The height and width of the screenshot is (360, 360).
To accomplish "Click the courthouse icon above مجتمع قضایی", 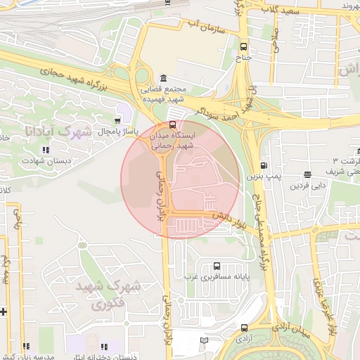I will [163, 77].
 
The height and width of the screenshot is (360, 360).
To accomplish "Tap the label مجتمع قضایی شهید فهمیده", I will [163, 95].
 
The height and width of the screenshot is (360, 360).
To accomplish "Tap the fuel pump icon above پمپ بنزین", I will [264, 166].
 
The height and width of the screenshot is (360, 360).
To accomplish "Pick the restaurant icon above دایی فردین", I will [307, 174].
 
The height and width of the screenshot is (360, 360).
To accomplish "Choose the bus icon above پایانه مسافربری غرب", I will [215, 266].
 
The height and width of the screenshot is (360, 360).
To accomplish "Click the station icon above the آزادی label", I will [244, 328].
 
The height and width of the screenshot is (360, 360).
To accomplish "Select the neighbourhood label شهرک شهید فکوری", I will [117, 295].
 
